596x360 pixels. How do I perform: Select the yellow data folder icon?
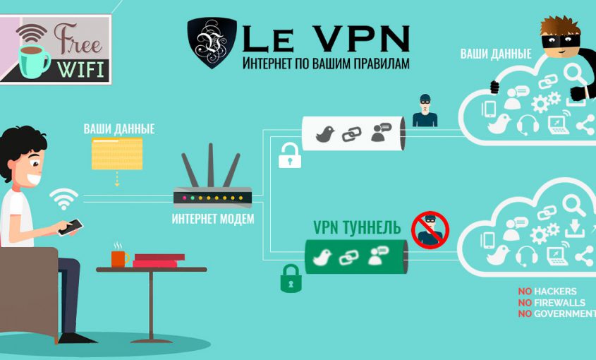pyautogui.click(x=116, y=152)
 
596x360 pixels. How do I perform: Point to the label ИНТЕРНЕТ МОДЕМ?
pyautogui.click(x=212, y=219)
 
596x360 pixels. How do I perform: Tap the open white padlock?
pyautogui.click(x=289, y=156)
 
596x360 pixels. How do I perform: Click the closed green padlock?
pyautogui.click(x=291, y=278)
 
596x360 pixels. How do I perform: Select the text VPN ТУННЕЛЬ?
pyautogui.click(x=357, y=227)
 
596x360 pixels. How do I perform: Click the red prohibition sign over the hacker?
pyautogui.click(x=430, y=229)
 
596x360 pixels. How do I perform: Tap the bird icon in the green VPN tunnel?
pyautogui.click(x=324, y=258)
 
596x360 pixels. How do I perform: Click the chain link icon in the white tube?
pyautogui.click(x=351, y=134)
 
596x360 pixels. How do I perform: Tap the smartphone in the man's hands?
pyautogui.click(x=71, y=226)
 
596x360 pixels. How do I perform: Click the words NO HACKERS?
pyautogui.click(x=547, y=292)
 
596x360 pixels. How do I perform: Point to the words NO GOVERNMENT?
pyautogui.click(x=557, y=313)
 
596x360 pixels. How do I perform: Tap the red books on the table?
pyautogui.click(x=159, y=260)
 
